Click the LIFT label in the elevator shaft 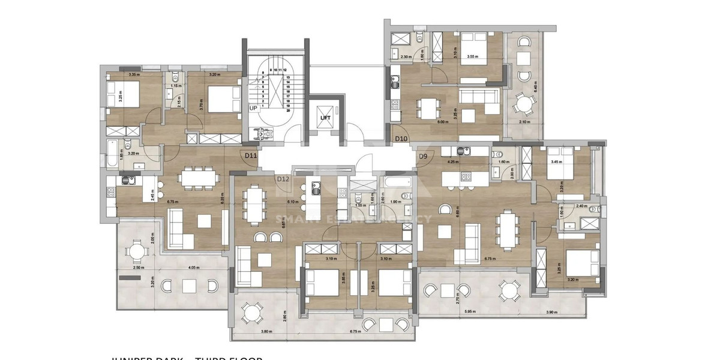pyautogui.click(x=326, y=118)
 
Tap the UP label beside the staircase pyautogui.click(x=253, y=108)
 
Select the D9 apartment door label pyautogui.click(x=423, y=157)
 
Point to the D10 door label pyautogui.click(x=401, y=139)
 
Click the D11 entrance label pyautogui.click(x=251, y=155)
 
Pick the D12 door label pyautogui.click(x=283, y=178)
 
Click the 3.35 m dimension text pyautogui.click(x=133, y=75)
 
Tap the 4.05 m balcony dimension pyautogui.click(x=193, y=267)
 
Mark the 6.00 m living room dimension pyautogui.click(x=442, y=122)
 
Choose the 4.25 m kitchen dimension pyautogui.click(x=453, y=161)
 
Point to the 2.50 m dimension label pyautogui.click(x=137, y=267)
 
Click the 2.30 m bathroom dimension pyautogui.click(x=405, y=57)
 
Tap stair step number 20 pyautogui.click(x=288, y=110)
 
